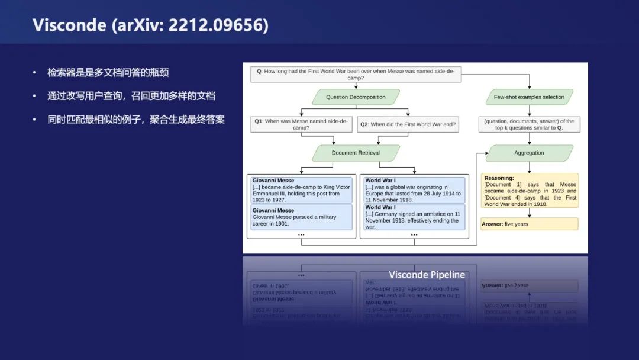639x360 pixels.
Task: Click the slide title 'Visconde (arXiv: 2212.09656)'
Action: click(x=150, y=25)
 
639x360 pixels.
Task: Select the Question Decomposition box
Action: click(x=356, y=97)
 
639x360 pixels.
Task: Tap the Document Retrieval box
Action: click(x=356, y=153)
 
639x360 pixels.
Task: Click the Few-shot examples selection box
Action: click(x=529, y=97)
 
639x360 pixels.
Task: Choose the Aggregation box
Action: click(x=529, y=153)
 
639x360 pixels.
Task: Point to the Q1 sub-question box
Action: click(x=301, y=124)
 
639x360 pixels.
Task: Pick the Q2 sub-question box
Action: click(x=408, y=124)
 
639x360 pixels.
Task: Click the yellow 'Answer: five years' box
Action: click(x=529, y=224)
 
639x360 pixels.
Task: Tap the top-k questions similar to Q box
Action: click(x=529, y=124)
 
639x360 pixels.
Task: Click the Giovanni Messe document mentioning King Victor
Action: click(x=301, y=190)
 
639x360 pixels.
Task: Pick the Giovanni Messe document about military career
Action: click(x=301, y=217)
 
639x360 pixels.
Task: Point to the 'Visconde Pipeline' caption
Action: click(x=427, y=275)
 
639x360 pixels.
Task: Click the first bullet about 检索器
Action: click(x=108, y=72)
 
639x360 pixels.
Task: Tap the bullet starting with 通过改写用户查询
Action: click(x=131, y=96)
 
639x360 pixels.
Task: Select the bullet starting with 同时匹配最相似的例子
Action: click(x=135, y=120)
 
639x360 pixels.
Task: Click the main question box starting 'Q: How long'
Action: click(x=356, y=74)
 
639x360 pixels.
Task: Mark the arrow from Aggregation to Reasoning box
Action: click(x=529, y=167)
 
